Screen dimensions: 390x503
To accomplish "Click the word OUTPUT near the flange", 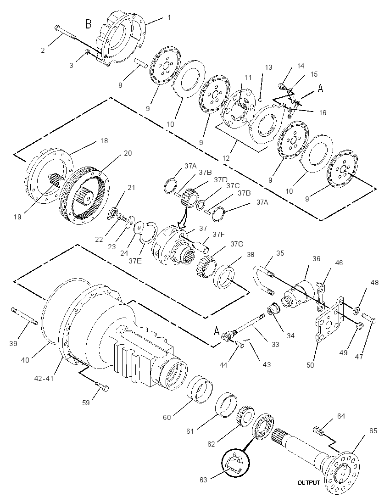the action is pos(308,482).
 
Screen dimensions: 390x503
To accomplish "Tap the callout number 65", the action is pos(373,431).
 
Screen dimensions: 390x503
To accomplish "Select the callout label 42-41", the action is pos(44,379).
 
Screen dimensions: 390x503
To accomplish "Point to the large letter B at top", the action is pos(88,24).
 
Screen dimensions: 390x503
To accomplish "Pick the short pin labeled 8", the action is pos(140,62).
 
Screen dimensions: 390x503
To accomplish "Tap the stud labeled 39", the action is pos(25,315).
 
